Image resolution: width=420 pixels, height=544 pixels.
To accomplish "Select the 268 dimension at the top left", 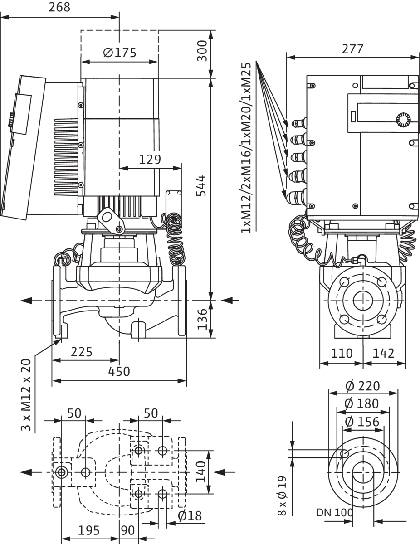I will (x=60, y=8).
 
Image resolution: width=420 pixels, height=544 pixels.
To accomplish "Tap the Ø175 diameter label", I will (x=119, y=53).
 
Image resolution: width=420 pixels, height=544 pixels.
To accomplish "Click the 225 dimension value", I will (x=82, y=352).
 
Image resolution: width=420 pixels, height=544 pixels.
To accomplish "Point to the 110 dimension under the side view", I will (x=341, y=353).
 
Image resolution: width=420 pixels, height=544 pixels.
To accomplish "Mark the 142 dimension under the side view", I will (x=384, y=353).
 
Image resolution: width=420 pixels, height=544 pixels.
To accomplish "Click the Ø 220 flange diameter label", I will (x=362, y=386).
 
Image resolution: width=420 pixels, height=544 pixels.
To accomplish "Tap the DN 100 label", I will (x=334, y=514).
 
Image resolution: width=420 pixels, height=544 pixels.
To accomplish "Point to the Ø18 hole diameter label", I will (x=190, y=516).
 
